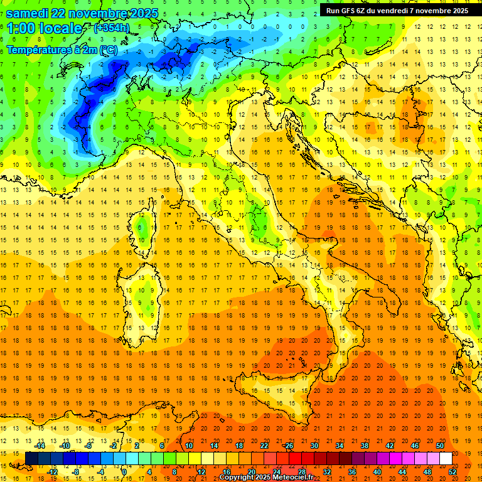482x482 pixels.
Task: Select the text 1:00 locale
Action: [45, 28]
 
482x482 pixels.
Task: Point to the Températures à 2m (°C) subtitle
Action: [62, 50]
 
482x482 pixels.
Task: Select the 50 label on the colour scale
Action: [440, 446]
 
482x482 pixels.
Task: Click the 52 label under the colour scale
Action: [453, 472]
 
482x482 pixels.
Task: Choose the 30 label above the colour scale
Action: [314, 446]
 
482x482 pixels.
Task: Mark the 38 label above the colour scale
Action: [365, 446]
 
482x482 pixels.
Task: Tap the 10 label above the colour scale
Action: [189, 446]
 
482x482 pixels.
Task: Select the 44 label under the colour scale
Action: [402, 472]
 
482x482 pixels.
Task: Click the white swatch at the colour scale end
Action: [446, 458]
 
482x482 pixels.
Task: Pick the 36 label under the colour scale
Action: [352, 472]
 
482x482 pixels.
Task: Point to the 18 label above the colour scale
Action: [239, 446]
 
